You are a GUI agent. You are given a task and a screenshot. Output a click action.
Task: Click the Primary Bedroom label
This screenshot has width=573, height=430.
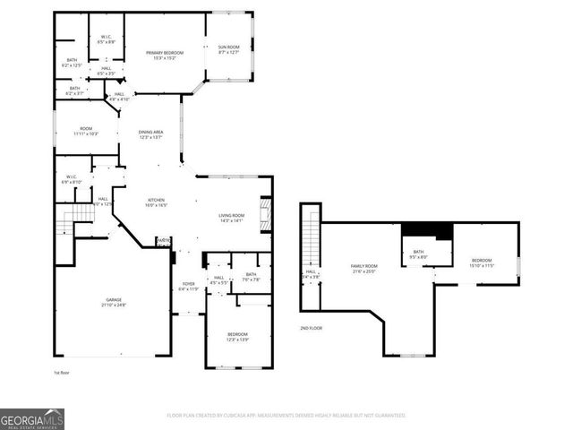tap(164, 56)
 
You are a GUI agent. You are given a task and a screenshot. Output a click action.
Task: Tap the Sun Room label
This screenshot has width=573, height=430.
tap(229, 49)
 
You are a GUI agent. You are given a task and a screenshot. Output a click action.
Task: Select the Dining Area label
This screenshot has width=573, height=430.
tap(150, 134)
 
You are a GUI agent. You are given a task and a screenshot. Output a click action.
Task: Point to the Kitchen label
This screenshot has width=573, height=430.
tap(157, 202)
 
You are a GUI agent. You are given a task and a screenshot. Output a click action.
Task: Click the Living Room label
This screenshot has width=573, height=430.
tap(232, 218)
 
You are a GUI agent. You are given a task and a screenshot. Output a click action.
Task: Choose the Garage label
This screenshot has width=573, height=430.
tap(113, 303)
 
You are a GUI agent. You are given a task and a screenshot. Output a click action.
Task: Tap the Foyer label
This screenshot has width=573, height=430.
tap(188, 287)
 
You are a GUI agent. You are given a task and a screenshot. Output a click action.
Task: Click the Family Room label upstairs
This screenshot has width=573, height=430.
tap(364, 269)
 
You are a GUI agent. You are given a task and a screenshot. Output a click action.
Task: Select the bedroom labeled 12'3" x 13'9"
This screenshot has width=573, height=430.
tap(238, 337)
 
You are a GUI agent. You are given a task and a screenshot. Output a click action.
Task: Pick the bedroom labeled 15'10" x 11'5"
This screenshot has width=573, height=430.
tap(482, 263)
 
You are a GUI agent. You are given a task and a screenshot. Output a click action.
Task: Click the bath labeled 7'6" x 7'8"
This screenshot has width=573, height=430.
tap(251, 277)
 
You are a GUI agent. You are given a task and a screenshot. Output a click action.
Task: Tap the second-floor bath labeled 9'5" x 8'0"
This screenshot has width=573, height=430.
tap(418, 255)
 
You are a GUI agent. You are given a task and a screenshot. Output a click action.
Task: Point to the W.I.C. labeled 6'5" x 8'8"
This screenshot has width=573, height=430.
tap(106, 39)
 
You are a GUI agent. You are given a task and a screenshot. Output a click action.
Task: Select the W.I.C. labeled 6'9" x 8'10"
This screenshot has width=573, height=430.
tap(71, 179)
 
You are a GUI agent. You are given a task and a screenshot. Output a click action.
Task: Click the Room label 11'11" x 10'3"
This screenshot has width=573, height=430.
tap(85, 131)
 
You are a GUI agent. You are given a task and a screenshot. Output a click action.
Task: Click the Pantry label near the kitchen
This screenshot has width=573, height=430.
tap(163, 240)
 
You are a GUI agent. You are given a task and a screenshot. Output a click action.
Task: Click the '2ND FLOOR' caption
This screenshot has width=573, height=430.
tap(312, 329)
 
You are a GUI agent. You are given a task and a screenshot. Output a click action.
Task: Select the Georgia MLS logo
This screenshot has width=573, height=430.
tap(32, 418)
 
